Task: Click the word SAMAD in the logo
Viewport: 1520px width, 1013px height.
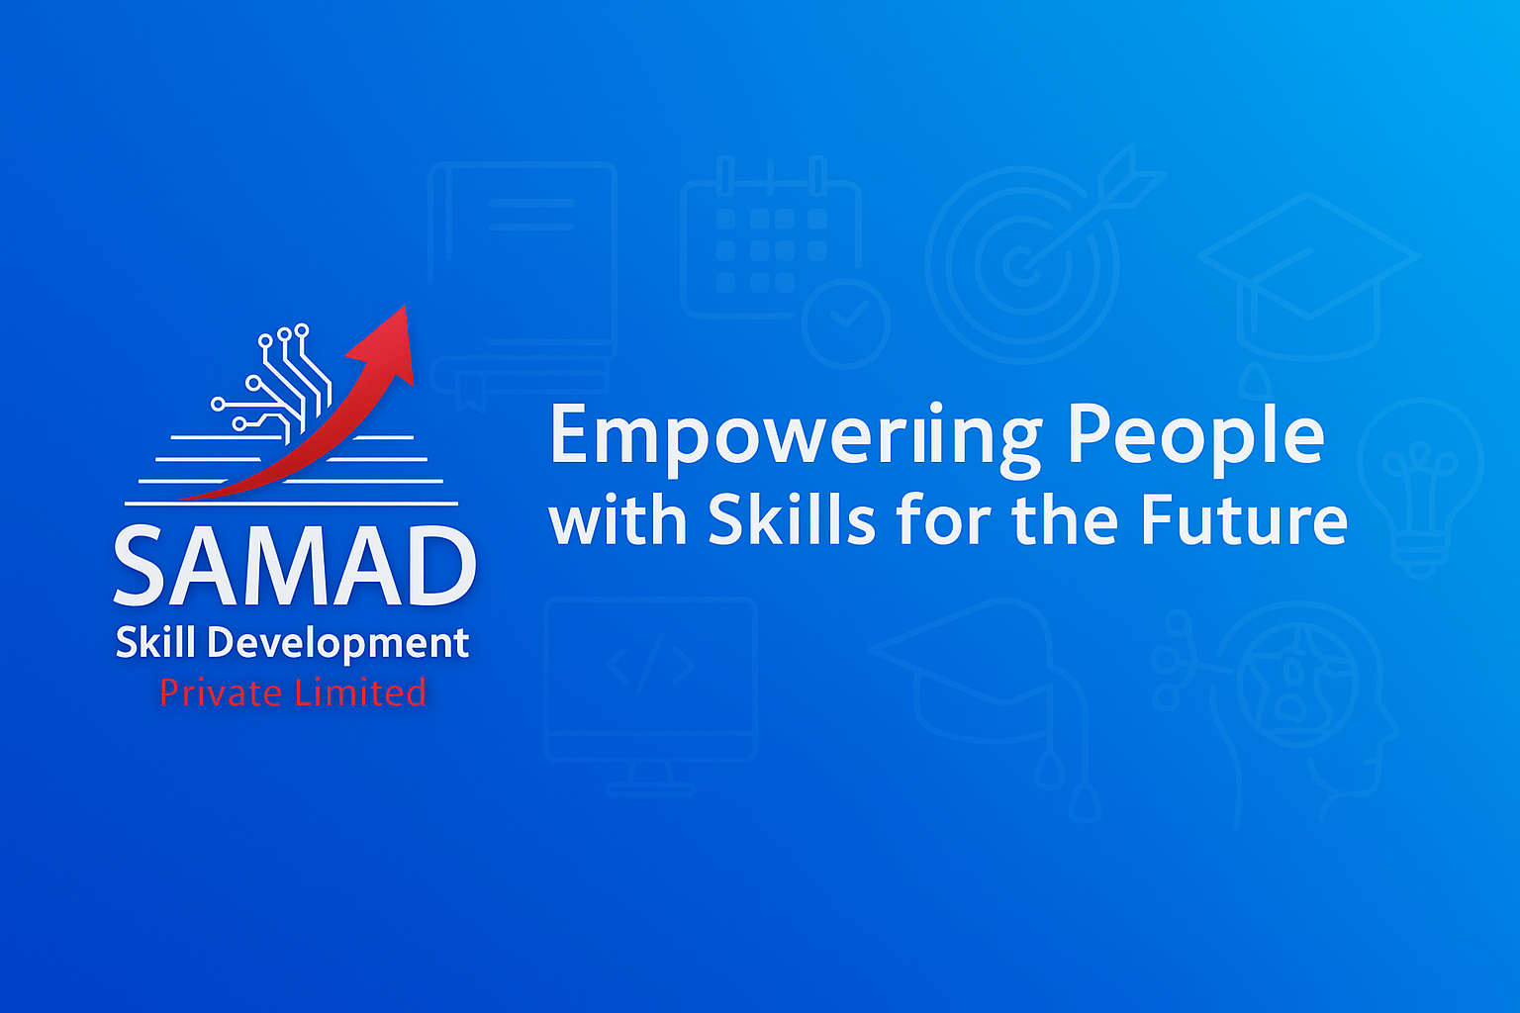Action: click(295, 565)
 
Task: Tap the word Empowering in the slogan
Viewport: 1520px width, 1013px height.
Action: click(796, 437)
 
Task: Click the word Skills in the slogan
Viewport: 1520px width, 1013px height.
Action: click(792, 519)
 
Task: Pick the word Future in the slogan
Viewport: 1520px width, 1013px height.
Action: click(1245, 519)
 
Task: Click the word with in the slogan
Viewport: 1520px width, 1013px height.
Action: click(617, 519)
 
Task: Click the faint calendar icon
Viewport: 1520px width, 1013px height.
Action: click(771, 237)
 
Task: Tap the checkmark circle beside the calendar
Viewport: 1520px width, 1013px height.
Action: click(845, 322)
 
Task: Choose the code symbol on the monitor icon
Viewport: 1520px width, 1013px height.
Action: click(651, 664)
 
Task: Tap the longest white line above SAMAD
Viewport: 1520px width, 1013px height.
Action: click(291, 504)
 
